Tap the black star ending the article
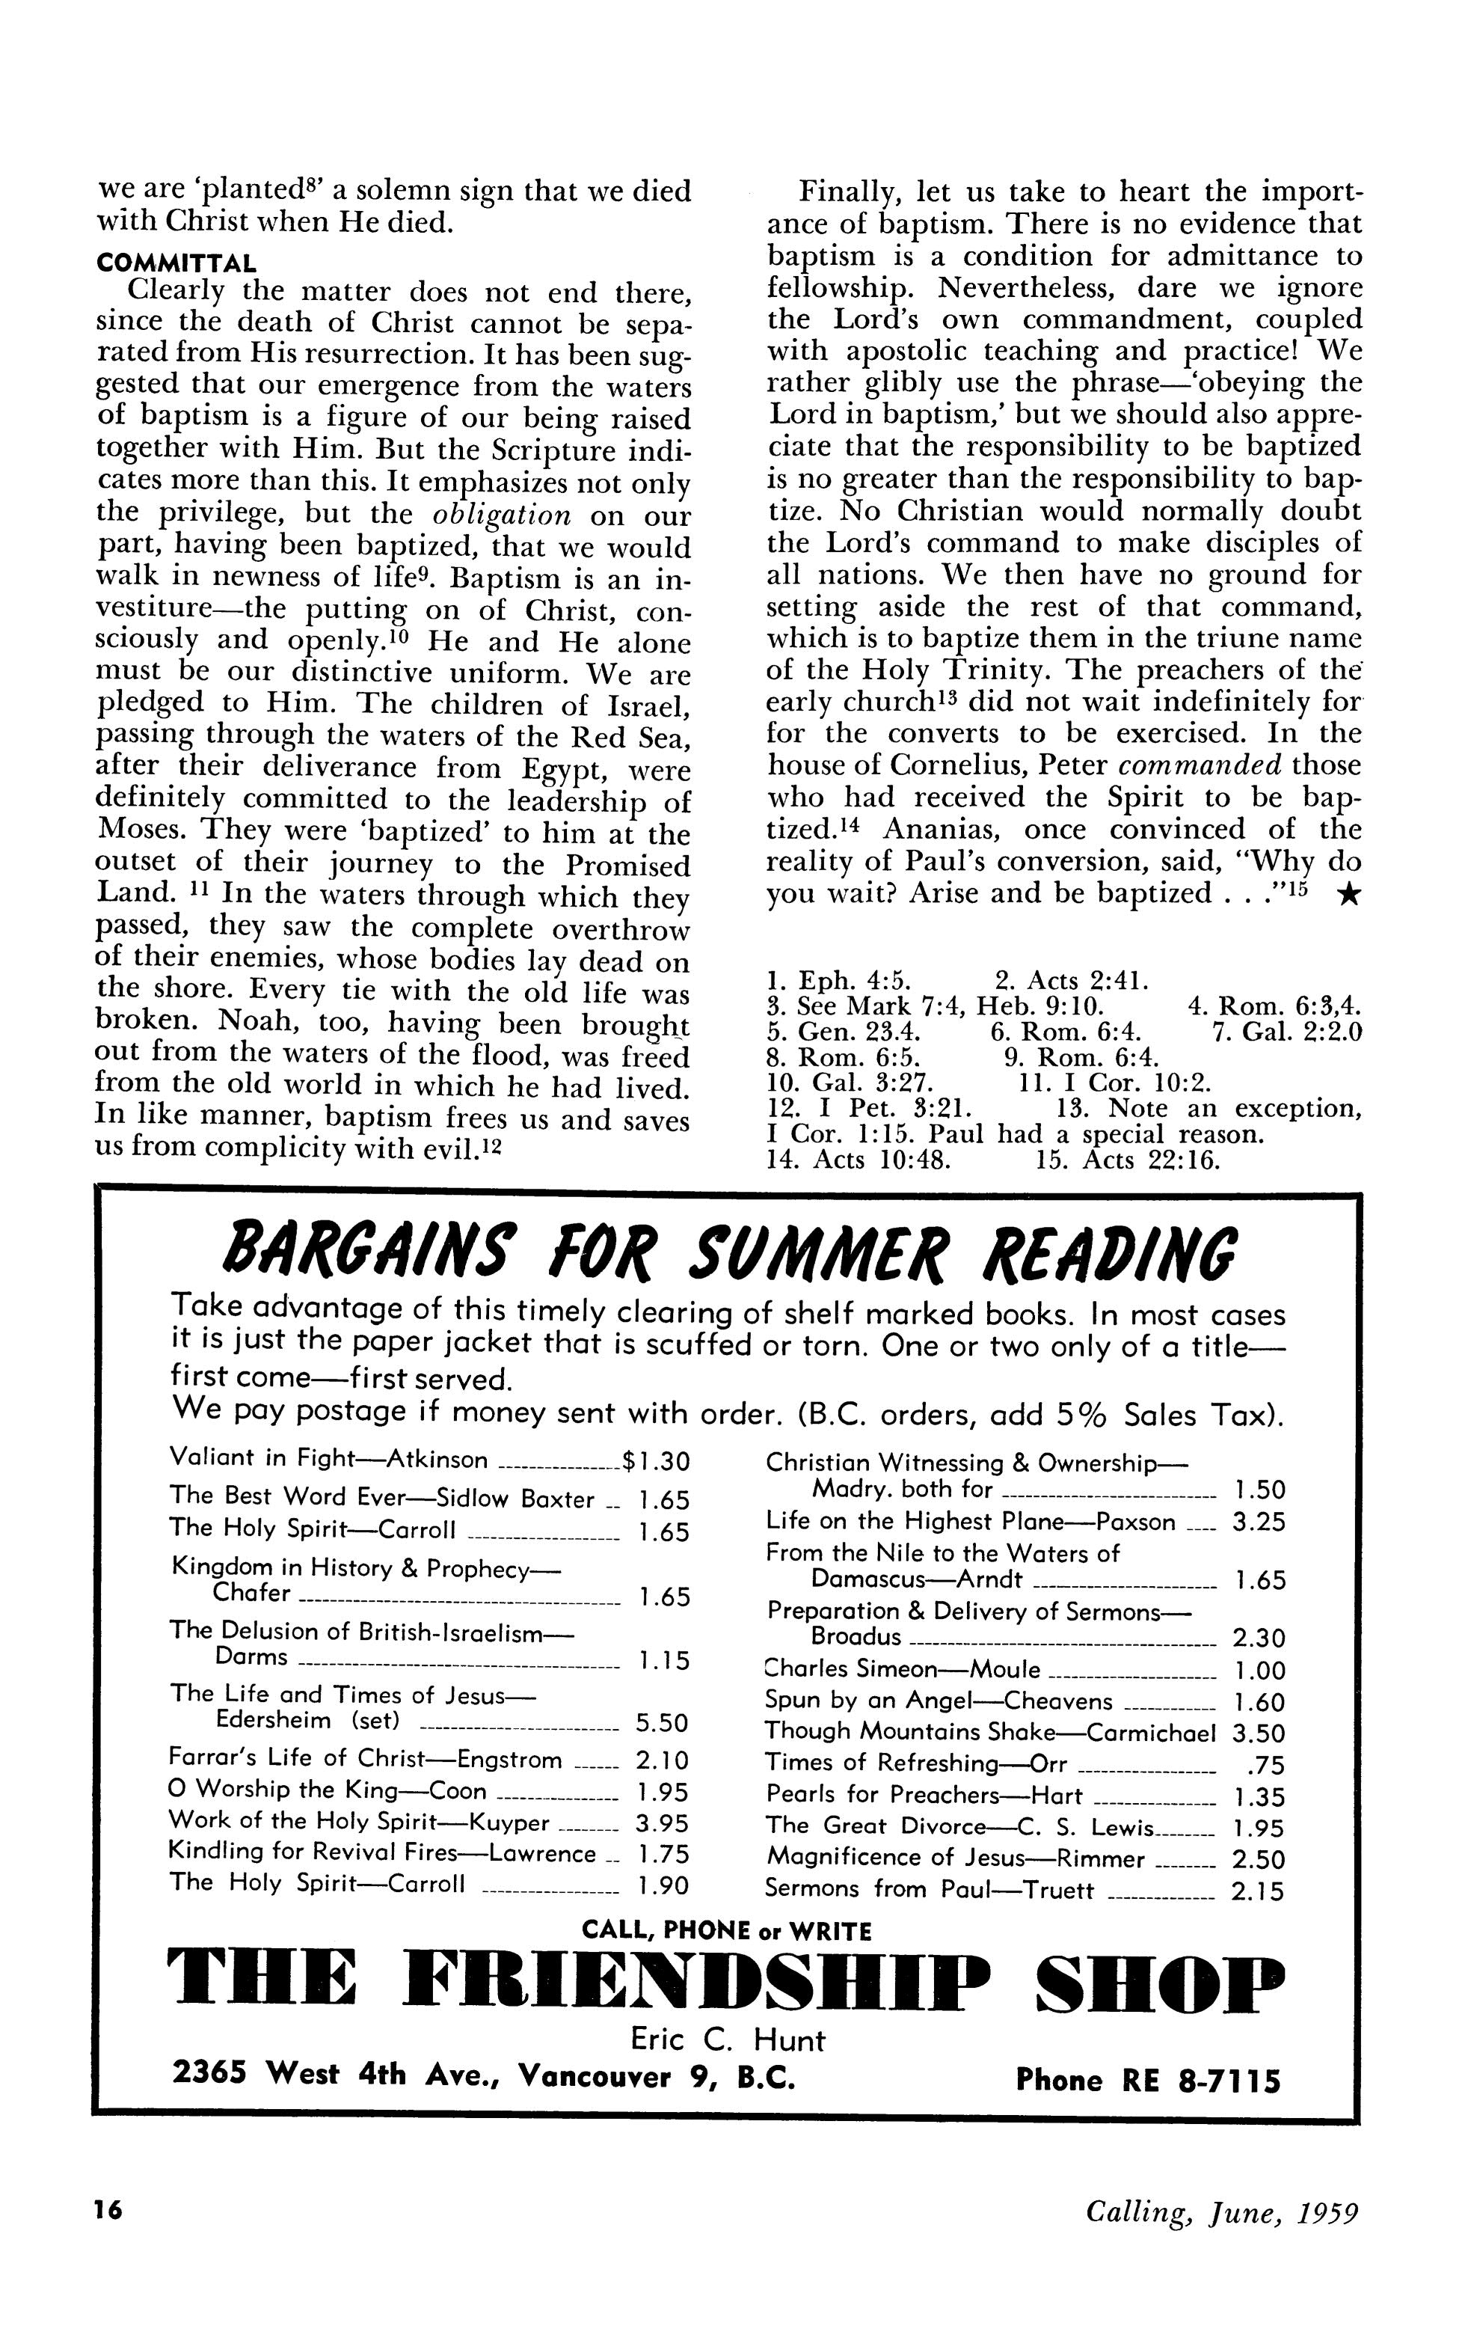click(1347, 896)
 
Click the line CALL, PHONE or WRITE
click(727, 1932)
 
